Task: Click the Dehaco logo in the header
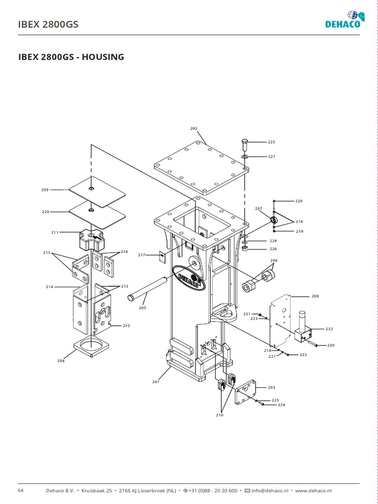[345, 20]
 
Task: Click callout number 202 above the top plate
[193, 128]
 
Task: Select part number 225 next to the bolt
[271, 142]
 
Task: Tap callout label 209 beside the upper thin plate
[45, 189]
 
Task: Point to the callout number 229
[45, 212]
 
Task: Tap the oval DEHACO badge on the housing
[189, 277]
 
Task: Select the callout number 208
[315, 297]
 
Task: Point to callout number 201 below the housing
[156, 381]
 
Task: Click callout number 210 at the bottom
[220, 415]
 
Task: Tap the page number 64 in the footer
[21, 490]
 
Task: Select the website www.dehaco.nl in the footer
[314, 491]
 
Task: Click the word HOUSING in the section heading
[103, 57]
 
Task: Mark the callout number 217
[142, 255]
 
